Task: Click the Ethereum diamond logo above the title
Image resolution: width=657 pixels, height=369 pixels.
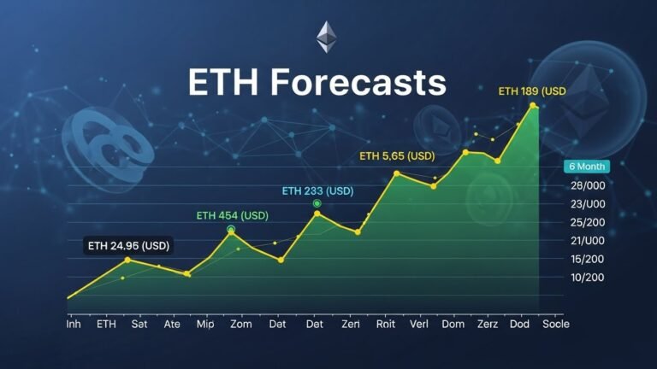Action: [327, 37]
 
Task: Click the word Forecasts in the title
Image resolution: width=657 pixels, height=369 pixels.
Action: [358, 84]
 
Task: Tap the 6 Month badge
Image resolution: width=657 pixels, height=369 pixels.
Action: [585, 167]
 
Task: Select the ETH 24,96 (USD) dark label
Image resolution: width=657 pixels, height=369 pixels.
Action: [128, 246]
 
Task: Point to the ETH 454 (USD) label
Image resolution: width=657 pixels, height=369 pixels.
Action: [232, 215]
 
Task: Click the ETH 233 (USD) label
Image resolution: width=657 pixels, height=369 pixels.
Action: [317, 190]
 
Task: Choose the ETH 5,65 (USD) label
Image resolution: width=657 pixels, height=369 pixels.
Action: [397, 155]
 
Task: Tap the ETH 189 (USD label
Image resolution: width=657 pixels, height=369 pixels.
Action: [532, 91]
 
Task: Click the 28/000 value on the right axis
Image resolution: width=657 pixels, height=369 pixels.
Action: [588, 186]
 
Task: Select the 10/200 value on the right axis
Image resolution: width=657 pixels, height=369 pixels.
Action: [588, 278]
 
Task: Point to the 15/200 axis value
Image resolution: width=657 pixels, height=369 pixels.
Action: [588, 259]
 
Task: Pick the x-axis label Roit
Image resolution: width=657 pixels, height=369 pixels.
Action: [385, 325]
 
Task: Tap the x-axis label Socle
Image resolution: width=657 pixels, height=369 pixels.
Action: [555, 325]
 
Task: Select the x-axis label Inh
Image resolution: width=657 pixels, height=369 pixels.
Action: [74, 325]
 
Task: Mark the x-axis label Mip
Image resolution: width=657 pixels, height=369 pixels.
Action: [205, 325]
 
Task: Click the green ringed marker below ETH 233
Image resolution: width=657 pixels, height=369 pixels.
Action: [317, 203]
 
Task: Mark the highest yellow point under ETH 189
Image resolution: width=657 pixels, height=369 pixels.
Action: [533, 106]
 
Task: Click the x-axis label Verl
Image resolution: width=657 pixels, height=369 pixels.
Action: [419, 325]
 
